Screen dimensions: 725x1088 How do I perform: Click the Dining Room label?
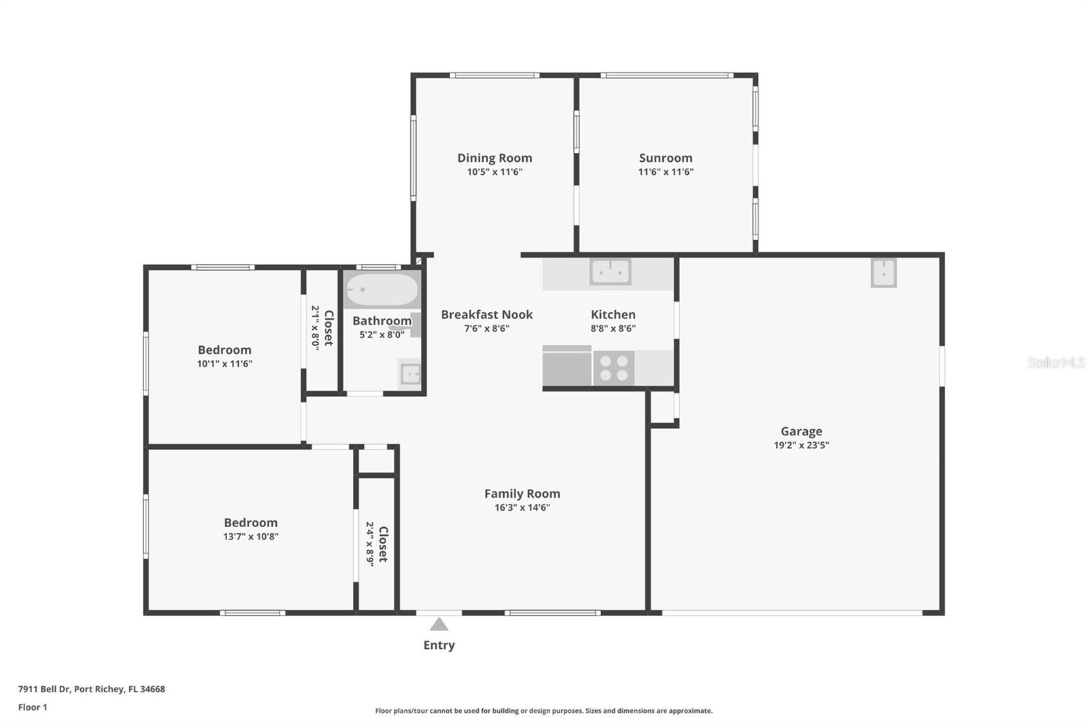pos(494,158)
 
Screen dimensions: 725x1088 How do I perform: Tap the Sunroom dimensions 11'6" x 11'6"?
pos(665,172)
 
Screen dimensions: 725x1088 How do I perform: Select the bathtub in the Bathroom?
pos(381,290)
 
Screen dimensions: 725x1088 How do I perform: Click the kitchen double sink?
pos(610,272)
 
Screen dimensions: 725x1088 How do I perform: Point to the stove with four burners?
pos(614,369)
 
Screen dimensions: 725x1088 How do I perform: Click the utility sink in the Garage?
pos(883,273)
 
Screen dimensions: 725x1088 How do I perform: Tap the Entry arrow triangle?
pos(439,624)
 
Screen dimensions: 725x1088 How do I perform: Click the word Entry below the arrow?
pos(439,645)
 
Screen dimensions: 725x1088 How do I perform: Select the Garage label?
pos(801,431)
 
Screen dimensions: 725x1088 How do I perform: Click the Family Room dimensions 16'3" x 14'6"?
pos(522,507)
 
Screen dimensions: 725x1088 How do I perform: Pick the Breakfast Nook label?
pos(487,314)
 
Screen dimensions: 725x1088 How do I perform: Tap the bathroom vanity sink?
pos(410,373)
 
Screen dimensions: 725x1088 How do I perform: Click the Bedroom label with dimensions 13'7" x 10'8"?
pos(251,522)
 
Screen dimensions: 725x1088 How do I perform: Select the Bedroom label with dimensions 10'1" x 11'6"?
pos(224,350)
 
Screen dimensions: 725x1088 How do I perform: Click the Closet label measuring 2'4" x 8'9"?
pos(383,543)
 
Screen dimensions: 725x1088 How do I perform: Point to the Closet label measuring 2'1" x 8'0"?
pos(328,328)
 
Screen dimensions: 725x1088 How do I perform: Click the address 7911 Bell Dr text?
pos(91,689)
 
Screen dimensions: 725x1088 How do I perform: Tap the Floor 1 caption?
pos(33,707)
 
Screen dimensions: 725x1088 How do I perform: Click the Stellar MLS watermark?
pos(1055,362)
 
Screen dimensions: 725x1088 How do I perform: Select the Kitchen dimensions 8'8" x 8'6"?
pos(613,328)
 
